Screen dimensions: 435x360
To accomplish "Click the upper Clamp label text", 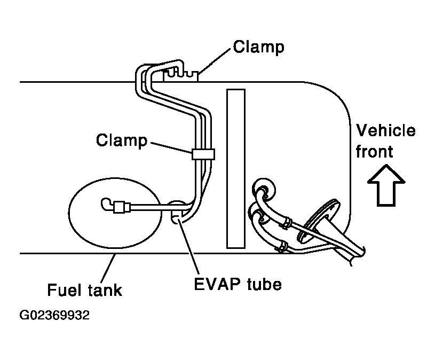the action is click(x=258, y=48).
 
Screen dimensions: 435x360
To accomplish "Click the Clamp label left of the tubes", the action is click(x=122, y=140).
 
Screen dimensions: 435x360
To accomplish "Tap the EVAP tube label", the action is click(x=238, y=284).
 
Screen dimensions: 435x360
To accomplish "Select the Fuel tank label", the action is click(x=85, y=290).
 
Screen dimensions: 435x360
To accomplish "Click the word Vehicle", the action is click(x=385, y=130).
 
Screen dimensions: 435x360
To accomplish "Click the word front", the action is click(x=374, y=152).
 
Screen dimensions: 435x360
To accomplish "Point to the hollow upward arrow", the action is click(x=386, y=185).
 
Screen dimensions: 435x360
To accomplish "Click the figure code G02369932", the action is click(x=54, y=315).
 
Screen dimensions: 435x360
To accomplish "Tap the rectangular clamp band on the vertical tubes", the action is click(x=203, y=154).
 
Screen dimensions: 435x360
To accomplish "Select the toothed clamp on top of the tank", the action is click(x=181, y=75).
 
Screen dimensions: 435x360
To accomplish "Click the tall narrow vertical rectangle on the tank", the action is click(x=236, y=169).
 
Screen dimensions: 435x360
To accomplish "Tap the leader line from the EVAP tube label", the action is click(x=188, y=246).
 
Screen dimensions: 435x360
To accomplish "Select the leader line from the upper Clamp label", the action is click(x=215, y=61).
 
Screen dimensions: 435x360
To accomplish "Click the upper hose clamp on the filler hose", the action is click(x=286, y=222).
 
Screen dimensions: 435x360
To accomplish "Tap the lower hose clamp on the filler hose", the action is click(x=282, y=246).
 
